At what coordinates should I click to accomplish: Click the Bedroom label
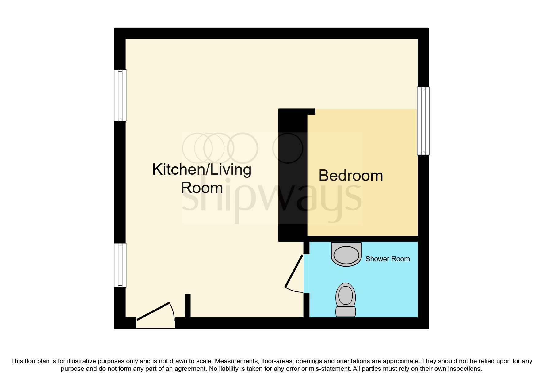(350, 176)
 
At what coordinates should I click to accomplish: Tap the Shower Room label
(387, 259)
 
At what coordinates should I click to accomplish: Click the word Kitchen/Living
(202, 169)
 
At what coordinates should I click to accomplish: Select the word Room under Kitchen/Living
(202, 188)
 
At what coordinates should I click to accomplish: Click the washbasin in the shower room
(346, 254)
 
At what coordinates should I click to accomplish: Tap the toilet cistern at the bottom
(346, 312)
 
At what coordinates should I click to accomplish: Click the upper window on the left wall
(120, 95)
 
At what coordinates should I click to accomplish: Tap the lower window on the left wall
(120, 265)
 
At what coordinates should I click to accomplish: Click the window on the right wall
(423, 121)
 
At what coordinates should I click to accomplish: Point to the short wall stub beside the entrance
(188, 306)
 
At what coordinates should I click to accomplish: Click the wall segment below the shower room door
(306, 305)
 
